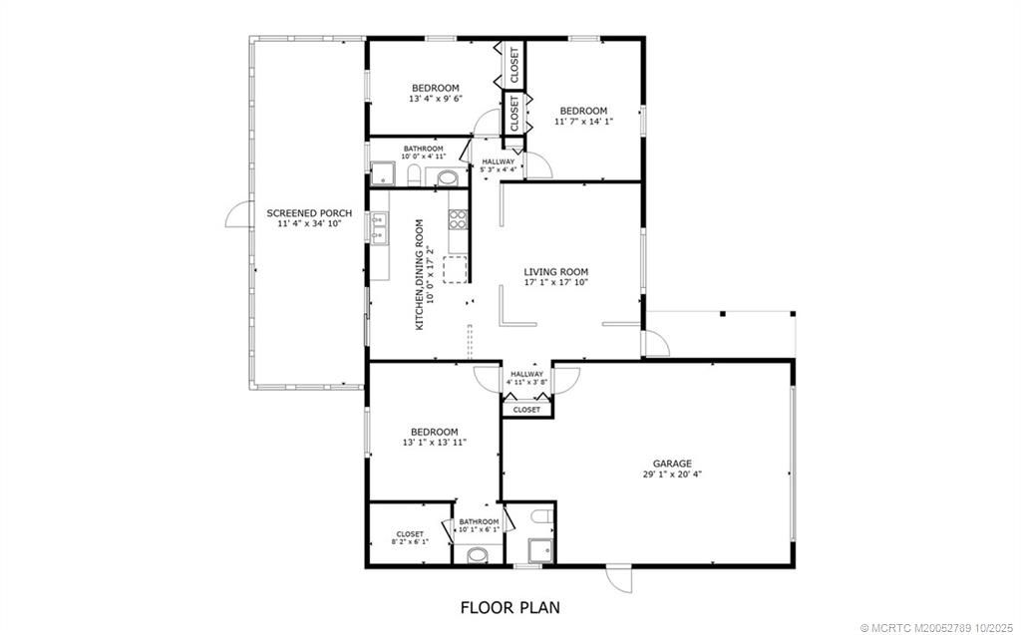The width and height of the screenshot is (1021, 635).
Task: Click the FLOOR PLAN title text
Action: click(x=510, y=606)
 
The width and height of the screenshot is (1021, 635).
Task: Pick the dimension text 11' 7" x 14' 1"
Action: click(x=583, y=122)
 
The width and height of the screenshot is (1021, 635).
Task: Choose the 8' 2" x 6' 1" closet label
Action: click(x=410, y=538)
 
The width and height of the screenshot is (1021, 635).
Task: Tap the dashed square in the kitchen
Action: click(x=455, y=269)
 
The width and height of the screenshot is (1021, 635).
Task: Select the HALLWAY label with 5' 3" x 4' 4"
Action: click(x=499, y=165)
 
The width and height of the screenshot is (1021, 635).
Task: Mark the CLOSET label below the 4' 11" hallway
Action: click(x=526, y=410)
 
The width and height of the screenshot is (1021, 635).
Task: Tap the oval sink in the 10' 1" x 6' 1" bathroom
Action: click(x=480, y=554)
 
